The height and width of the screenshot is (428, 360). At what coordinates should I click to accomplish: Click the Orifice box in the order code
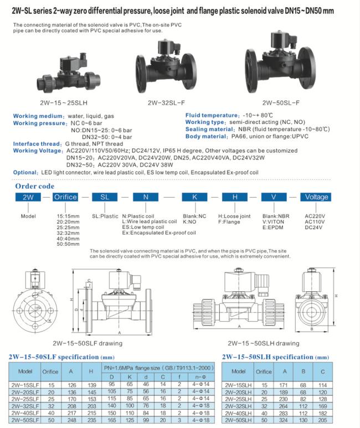pos(65,197)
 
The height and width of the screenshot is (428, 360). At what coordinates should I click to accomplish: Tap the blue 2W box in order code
pos(27,197)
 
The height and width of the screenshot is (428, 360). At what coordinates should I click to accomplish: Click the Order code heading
pos(34,186)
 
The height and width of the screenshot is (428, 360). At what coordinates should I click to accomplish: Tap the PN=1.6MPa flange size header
pos(156,368)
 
